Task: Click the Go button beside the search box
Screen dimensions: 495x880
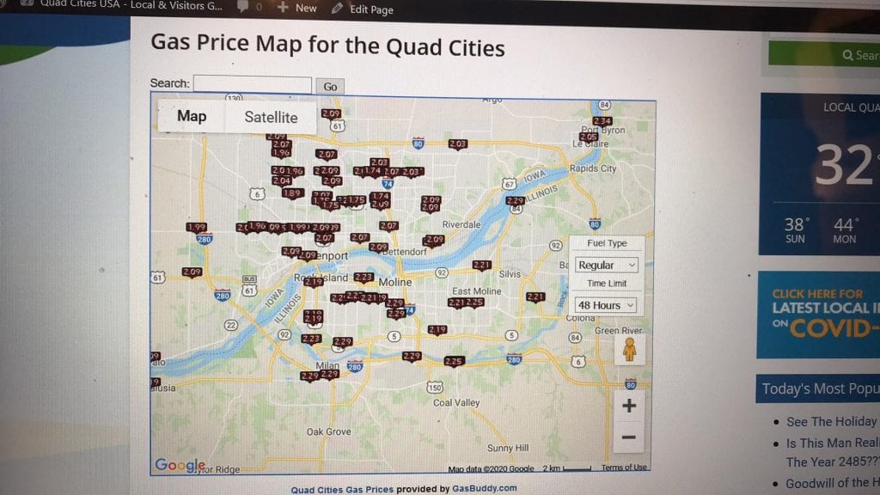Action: pos(330,86)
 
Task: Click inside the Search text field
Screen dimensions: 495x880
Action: pos(252,84)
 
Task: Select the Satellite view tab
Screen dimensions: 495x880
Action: pos(271,118)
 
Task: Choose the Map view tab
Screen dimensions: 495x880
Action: pos(192,116)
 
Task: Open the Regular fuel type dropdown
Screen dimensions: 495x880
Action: pos(606,266)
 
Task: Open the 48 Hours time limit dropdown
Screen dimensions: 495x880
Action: pos(606,305)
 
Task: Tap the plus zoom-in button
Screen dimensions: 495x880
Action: pos(629,406)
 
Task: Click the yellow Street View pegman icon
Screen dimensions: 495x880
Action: pos(630,348)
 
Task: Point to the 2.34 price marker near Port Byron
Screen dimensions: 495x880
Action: pos(602,121)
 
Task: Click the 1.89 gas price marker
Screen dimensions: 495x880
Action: pos(292,193)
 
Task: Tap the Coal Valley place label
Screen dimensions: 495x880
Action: pos(456,402)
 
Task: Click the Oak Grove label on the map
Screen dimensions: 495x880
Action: pos(328,431)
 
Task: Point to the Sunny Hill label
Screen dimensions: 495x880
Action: pos(508,448)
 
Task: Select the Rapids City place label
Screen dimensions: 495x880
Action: pos(593,168)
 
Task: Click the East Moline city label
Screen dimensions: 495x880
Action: pos(476,291)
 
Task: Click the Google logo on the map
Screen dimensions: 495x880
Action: pos(179,465)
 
